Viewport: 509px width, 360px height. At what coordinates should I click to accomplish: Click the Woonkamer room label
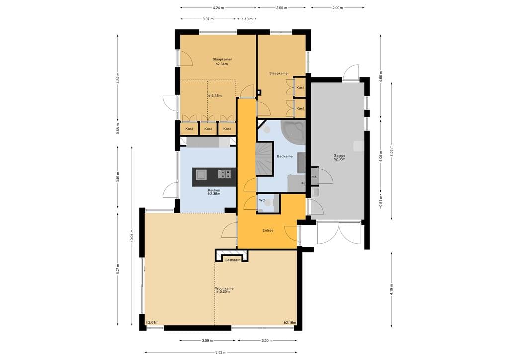tap(225, 288)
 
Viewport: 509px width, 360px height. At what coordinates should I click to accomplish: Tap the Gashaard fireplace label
tap(232, 260)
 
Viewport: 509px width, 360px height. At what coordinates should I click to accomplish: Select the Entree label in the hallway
tap(268, 231)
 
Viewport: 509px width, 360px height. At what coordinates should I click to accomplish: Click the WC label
tap(262, 200)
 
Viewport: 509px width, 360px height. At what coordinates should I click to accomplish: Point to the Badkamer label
tap(285, 156)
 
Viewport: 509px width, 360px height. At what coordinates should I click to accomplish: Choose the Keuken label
tap(214, 190)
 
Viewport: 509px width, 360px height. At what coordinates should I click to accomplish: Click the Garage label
tap(339, 156)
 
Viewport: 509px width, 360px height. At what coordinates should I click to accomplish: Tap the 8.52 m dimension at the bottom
tap(220, 352)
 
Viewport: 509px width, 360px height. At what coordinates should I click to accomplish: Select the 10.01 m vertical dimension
tap(132, 235)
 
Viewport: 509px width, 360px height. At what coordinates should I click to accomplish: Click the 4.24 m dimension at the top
tap(218, 8)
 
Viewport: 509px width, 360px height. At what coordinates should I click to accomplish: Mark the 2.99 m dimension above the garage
tap(338, 8)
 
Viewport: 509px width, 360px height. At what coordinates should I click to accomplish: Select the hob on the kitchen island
tap(225, 174)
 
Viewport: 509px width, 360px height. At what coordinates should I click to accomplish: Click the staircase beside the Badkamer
tap(264, 159)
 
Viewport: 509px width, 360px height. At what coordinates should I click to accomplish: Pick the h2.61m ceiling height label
tap(152, 322)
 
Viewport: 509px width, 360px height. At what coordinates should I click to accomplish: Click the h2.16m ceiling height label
tap(290, 323)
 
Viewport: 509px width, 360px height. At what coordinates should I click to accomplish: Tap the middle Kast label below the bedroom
tap(208, 129)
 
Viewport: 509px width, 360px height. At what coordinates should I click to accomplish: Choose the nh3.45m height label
tap(215, 96)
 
